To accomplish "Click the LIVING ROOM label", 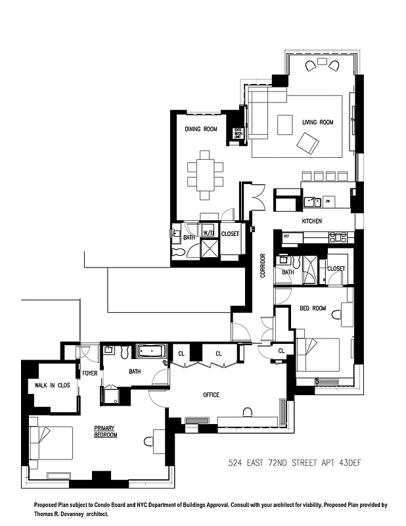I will pyautogui.click(x=318, y=122).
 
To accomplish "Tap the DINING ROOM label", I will pyautogui.click(x=201, y=129).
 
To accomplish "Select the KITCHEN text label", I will pyautogui.click(x=312, y=222).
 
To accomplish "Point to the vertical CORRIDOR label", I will pyautogui.click(x=263, y=265).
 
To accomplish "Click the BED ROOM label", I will pyautogui.click(x=313, y=308).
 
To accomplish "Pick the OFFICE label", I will pyautogui.click(x=211, y=395).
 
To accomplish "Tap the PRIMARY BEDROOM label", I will pyautogui.click(x=105, y=431).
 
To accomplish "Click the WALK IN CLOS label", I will pyautogui.click(x=48, y=386).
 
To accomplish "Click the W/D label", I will pyautogui.click(x=208, y=233).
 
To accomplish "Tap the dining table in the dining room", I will pyautogui.click(x=205, y=170).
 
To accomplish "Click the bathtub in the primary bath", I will pyautogui.click(x=152, y=351).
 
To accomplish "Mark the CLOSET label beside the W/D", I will pyautogui.click(x=231, y=233).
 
